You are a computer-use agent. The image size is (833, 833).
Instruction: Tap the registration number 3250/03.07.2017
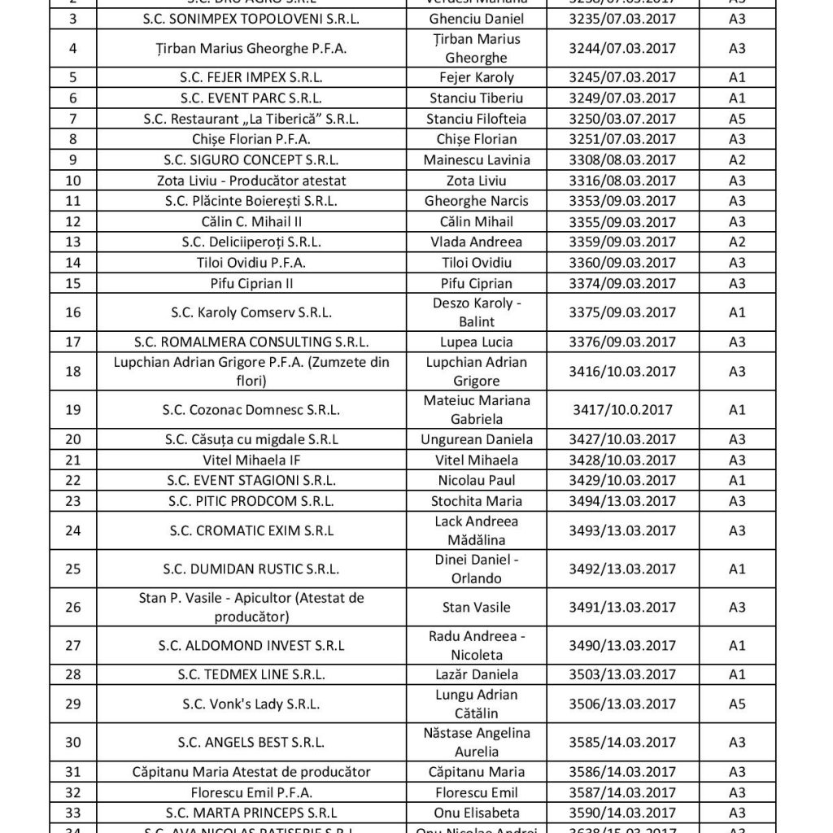click(x=622, y=119)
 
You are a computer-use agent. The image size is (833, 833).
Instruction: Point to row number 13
click(x=74, y=242)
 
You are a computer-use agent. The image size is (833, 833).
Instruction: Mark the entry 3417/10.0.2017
click(x=622, y=410)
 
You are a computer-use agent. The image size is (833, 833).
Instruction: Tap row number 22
click(x=74, y=481)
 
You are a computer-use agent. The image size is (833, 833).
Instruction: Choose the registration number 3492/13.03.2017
click(x=622, y=569)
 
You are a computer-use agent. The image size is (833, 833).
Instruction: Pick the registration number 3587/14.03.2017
click(x=622, y=792)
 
